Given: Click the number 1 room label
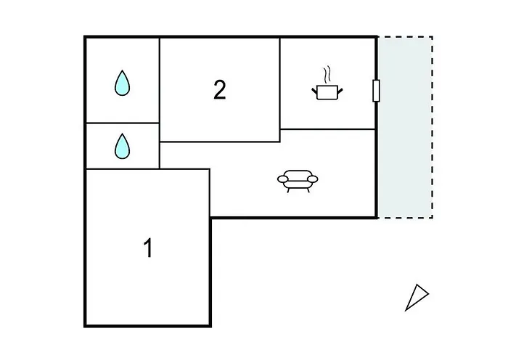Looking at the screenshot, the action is pos(148,248).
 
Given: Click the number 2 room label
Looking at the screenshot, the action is pos(220,90).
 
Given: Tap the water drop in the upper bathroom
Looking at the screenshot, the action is pos(122,83).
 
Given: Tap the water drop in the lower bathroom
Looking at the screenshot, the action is pos(122,146).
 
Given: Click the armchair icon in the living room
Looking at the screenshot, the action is pos(298,181).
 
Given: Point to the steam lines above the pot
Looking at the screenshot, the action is pos(327,75).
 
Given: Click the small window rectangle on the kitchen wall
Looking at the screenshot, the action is pos(376,91).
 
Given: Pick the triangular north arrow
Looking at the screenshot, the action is pos(417,298).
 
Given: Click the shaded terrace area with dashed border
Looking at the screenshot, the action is pos(405,127).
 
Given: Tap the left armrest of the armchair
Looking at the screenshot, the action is pos(282,179).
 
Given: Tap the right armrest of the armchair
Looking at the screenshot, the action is pos(313,179).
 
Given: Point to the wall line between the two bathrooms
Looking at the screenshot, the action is pos(123,123).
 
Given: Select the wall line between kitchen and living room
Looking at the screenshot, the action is pos(327,129).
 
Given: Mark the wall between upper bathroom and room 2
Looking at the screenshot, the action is pos(160,81).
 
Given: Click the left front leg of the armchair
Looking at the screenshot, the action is pos(288,190).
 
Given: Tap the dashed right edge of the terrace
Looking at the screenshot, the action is pos(433,127).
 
